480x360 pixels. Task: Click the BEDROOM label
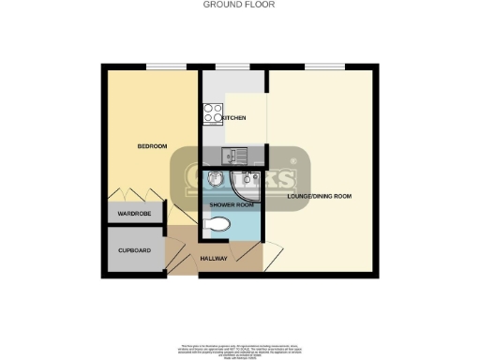coord(152,146)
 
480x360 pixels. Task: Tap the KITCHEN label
coord(233,118)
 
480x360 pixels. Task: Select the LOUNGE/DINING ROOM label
coord(319,196)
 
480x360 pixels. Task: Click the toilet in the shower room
coord(217,225)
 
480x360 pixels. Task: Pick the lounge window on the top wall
coord(322,66)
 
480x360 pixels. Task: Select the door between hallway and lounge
coord(250,253)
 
